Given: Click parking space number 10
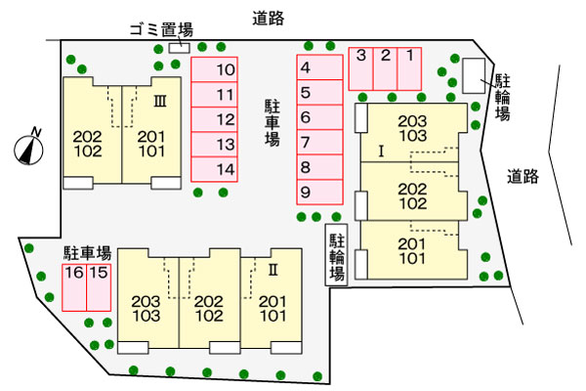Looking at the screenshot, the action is coord(214,69).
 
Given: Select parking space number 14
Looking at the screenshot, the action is coord(214,169).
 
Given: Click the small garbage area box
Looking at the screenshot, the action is coord(179,47).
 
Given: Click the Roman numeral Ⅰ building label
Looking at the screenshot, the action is coord(383,152).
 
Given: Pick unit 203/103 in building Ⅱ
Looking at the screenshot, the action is coord(146,308).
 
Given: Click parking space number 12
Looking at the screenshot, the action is coord(214,120).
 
